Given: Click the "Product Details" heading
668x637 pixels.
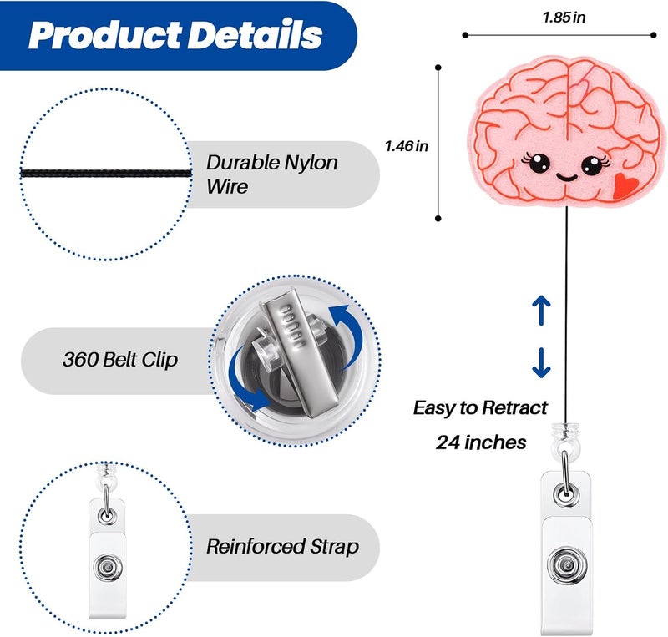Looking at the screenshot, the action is tap(175, 35).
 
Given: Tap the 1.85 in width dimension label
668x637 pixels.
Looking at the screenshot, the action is tap(564, 18).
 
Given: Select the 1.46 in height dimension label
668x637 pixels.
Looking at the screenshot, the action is tap(407, 146).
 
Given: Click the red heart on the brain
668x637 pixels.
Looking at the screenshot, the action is tap(625, 185).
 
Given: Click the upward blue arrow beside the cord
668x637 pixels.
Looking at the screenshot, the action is tap(541, 310).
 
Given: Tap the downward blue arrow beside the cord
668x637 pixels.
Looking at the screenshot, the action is tap(541, 362).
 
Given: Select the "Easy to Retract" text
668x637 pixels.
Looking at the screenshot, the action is tap(480, 408).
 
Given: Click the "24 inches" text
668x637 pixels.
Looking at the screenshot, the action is tap(481, 442).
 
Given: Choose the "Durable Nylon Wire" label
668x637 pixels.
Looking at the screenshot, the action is tap(271, 174).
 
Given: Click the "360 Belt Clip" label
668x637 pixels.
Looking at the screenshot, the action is tap(120, 360).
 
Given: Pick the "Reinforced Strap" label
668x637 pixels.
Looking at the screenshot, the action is tap(282, 547).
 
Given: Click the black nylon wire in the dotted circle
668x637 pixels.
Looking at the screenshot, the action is tap(106, 174).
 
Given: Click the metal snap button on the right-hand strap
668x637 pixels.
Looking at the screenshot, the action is tap(566, 565).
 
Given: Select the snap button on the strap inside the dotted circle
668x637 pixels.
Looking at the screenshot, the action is tap(109, 567).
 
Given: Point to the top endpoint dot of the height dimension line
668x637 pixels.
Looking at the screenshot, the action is tap(438, 68).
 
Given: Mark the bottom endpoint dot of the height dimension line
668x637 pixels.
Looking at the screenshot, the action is tap(438, 219).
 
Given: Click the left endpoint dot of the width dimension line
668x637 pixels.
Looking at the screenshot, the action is tap(465, 35).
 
